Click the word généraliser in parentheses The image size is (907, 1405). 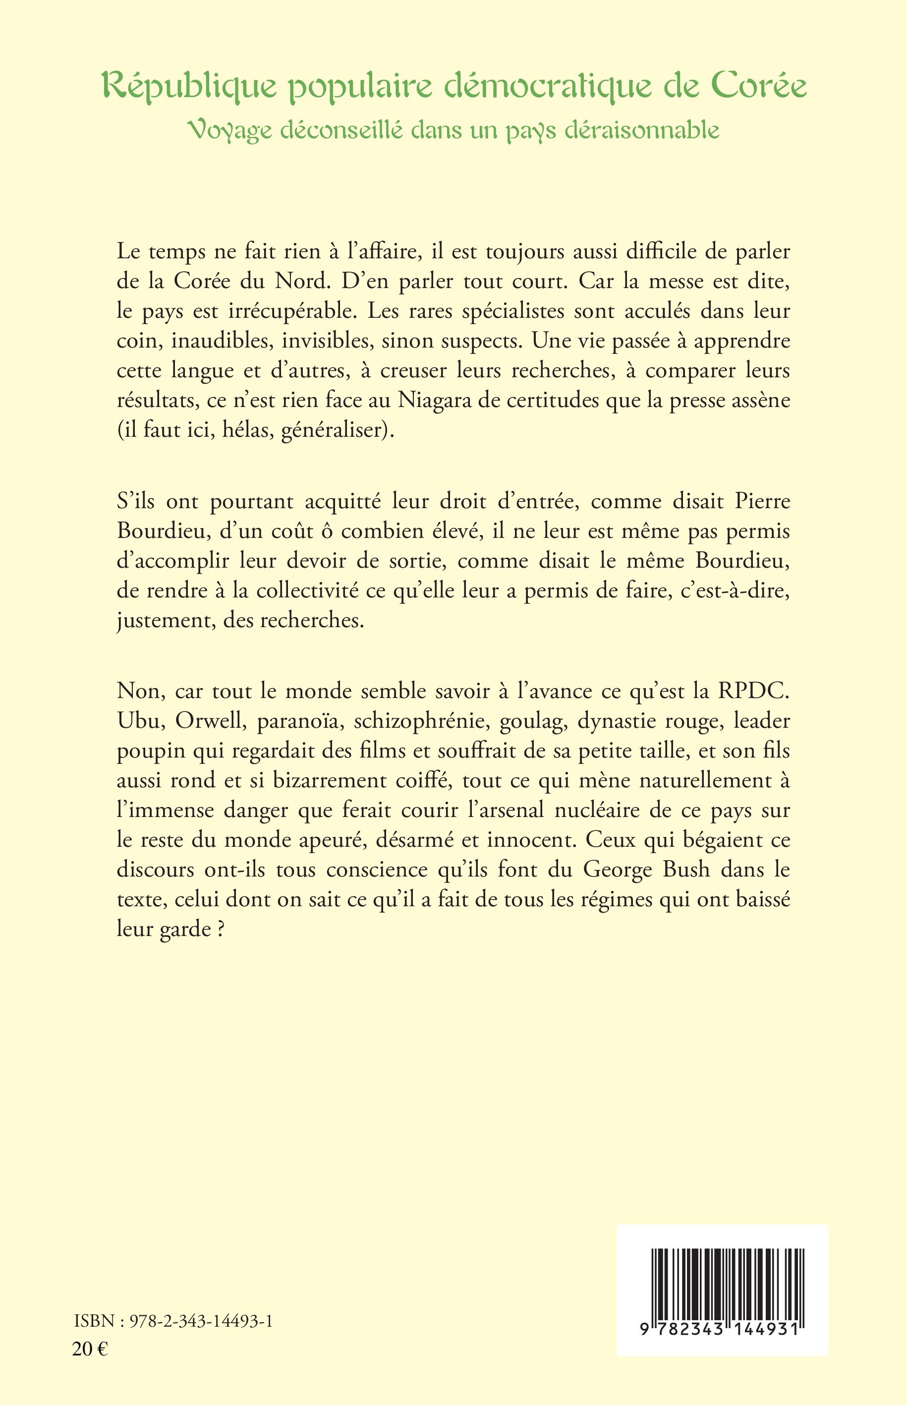point(334,431)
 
